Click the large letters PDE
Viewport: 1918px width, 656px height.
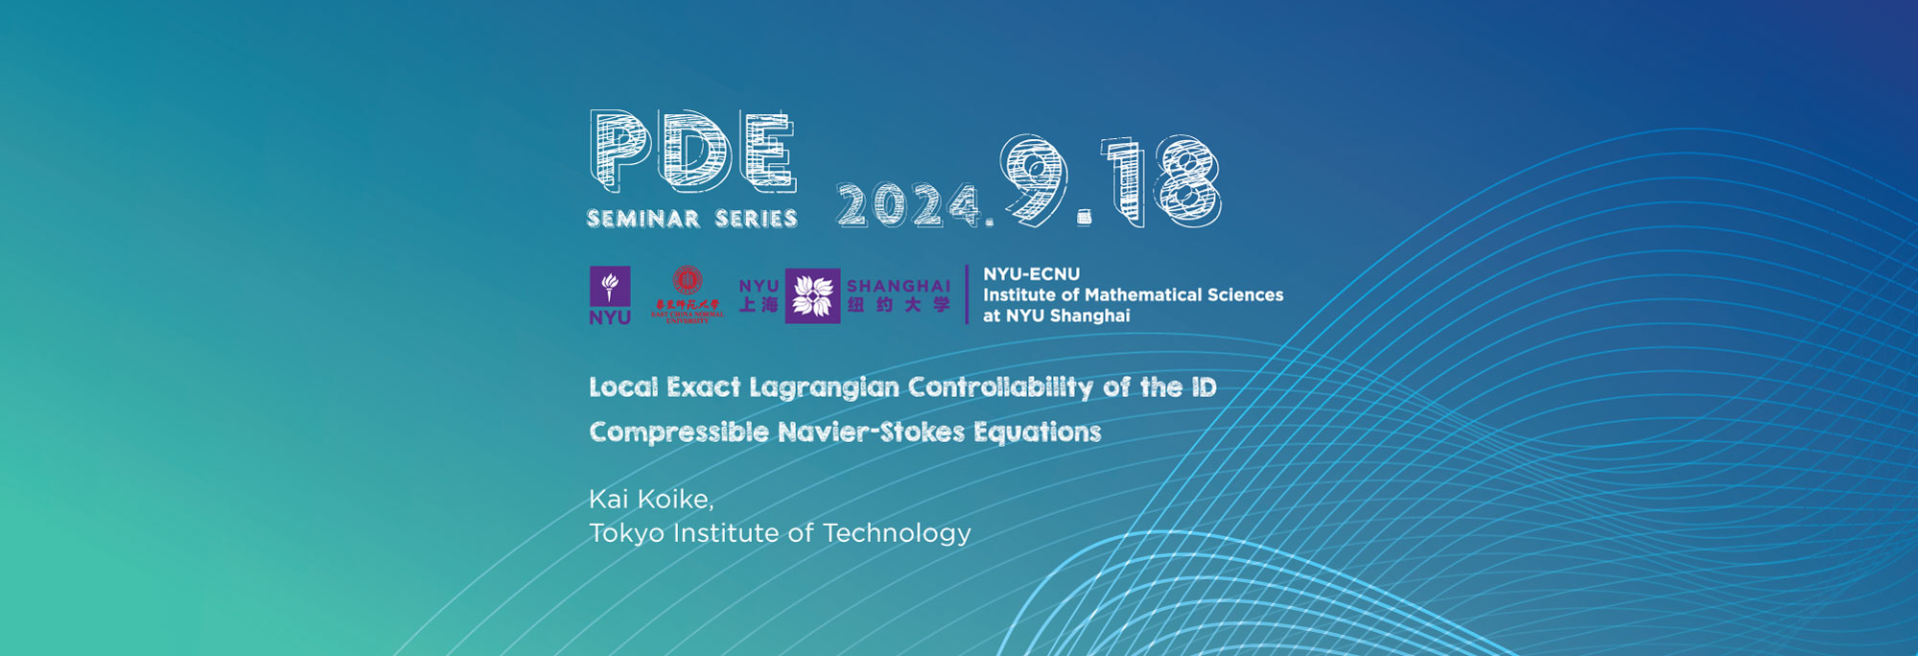pyautogui.click(x=692, y=151)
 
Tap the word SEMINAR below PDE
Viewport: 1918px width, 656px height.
pyautogui.click(x=643, y=219)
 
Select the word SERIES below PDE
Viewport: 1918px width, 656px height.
pyautogui.click(x=757, y=219)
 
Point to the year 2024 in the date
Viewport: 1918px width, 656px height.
pyautogui.click(x=908, y=205)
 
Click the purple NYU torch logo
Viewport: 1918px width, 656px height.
pyautogui.click(x=610, y=295)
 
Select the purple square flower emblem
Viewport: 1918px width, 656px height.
pyautogui.click(x=812, y=295)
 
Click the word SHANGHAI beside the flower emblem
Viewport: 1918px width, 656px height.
pyautogui.click(x=899, y=286)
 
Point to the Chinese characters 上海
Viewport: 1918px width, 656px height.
pyautogui.click(x=759, y=305)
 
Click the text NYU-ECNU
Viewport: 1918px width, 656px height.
pyautogui.click(x=1031, y=274)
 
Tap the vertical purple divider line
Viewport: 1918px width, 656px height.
pyautogui.click(x=967, y=294)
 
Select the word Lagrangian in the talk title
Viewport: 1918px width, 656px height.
pyautogui.click(x=824, y=387)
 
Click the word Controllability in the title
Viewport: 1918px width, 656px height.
pyautogui.click(x=1000, y=387)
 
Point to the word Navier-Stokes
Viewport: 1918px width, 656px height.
pyautogui.click(x=871, y=432)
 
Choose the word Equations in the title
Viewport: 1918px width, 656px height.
pyautogui.click(x=1038, y=433)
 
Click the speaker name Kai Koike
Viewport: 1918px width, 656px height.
pyautogui.click(x=651, y=499)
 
